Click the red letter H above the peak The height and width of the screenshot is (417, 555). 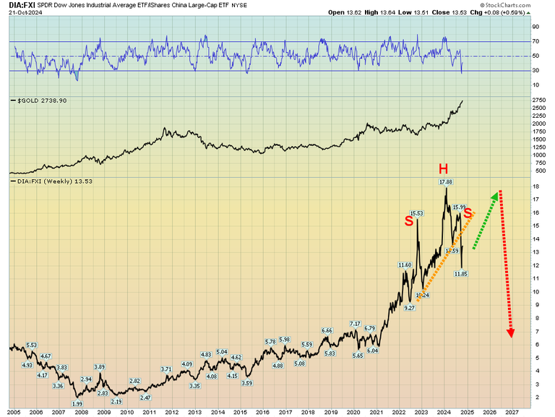[x=444, y=168]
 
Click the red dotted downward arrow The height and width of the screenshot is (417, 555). [x=506, y=264]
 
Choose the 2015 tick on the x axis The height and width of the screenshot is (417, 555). [x=239, y=411]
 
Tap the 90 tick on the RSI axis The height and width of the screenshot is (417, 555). [x=535, y=27]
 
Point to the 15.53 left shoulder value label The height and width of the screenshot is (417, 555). [x=416, y=213]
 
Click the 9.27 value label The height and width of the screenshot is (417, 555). [x=410, y=308]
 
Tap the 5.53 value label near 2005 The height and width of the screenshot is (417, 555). [x=31, y=345]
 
